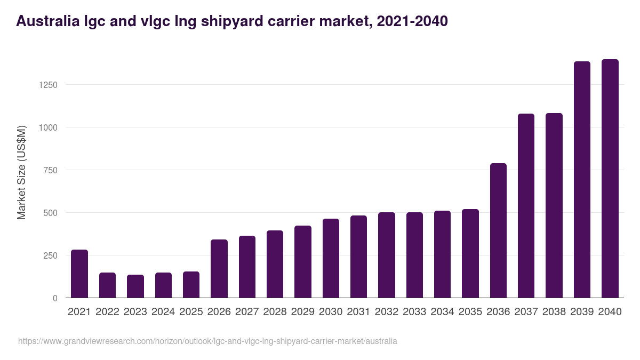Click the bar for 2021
[x=79, y=274]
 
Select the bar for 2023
[x=135, y=286]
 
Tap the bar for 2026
[x=219, y=269]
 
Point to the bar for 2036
[x=498, y=230]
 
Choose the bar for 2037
[x=526, y=206]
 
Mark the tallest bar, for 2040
[x=610, y=179]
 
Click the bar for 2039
[x=582, y=180]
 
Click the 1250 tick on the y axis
[x=47, y=85]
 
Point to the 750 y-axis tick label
[x=50, y=170]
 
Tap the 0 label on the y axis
[x=55, y=298]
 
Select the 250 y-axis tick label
[x=50, y=255]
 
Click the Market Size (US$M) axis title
[x=21, y=172]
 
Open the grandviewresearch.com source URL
[x=207, y=341]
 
